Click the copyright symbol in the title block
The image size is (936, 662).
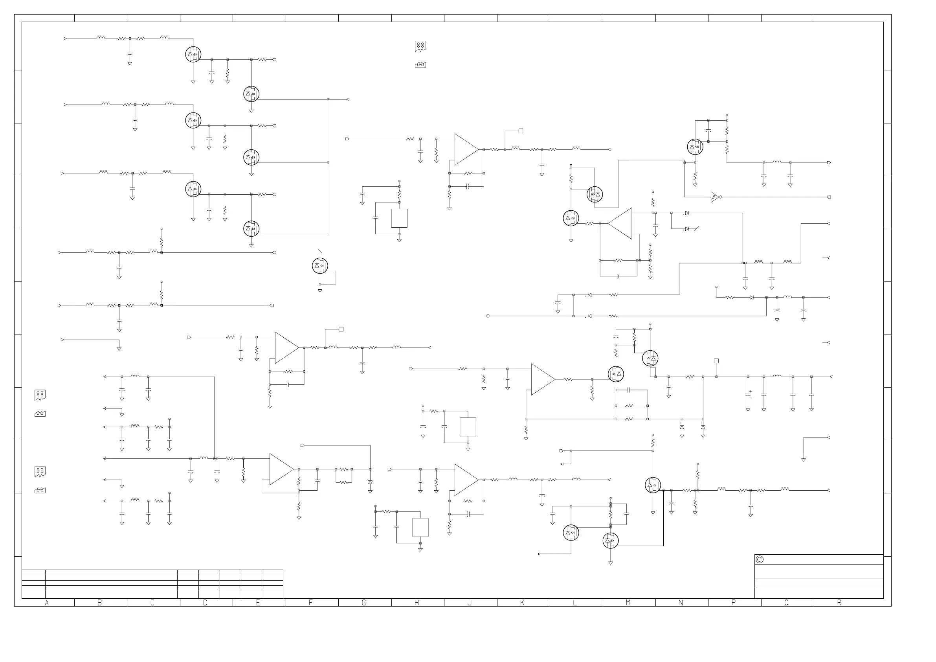(760, 560)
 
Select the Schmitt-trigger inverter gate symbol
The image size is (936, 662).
(714, 197)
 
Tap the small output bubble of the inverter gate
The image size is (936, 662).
(720, 197)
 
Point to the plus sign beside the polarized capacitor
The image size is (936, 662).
(751, 392)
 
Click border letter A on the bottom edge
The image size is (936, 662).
(47, 603)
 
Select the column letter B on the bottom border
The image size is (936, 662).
(99, 603)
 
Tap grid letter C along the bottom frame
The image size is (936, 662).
(152, 603)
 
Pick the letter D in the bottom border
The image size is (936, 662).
(206, 603)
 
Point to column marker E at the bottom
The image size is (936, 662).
(258, 603)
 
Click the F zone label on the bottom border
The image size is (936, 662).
(311, 603)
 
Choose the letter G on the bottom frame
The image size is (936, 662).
(363, 603)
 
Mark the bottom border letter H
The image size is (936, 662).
(417, 603)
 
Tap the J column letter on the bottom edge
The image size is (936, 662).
(469, 603)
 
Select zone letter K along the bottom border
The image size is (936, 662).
(522, 603)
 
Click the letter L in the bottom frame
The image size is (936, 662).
(575, 603)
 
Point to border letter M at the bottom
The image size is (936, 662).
(628, 603)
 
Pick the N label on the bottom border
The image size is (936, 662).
(681, 603)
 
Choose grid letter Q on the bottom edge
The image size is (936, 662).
(786, 603)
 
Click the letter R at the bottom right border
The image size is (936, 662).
(839, 603)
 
